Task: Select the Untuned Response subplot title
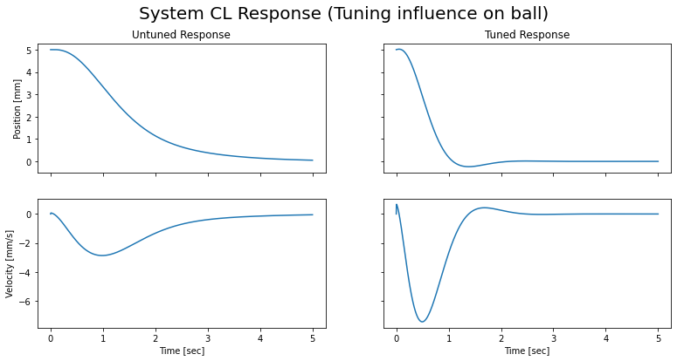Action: [181, 35]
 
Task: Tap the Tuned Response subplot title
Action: [527, 35]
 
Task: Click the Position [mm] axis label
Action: [17, 107]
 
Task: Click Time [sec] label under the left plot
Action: [181, 351]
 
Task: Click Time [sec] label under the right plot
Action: [527, 351]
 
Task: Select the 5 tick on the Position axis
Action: [29, 51]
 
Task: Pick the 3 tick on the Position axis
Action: [29, 95]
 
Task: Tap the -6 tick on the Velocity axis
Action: [26, 302]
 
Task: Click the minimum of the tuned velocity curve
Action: [423, 322]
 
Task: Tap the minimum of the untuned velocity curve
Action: [103, 255]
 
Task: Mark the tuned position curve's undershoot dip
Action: [468, 167]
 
